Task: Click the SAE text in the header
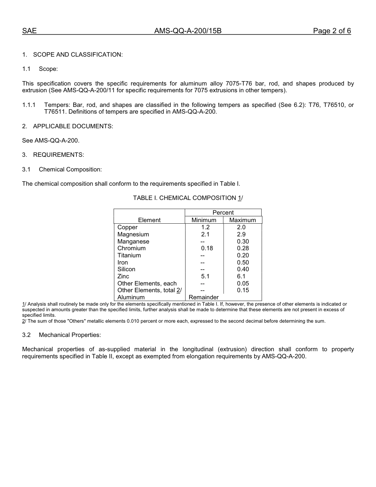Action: coord(29,31)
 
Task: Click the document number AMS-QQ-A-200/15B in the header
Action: coord(188,31)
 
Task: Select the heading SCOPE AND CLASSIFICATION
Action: coord(78,55)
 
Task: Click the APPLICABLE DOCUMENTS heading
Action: coord(73,126)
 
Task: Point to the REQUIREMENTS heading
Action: coord(59,155)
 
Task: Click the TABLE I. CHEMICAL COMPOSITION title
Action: coord(188,198)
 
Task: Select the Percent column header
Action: coord(223,213)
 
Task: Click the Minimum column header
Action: coord(204,220)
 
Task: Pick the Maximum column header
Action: coord(243,220)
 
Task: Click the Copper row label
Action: coord(127,227)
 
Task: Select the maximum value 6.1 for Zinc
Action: coord(241,276)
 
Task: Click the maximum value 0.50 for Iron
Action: coord(243,263)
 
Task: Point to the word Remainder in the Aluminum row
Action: coord(204,297)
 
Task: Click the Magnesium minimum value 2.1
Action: coord(205,234)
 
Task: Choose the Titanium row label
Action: coord(129,255)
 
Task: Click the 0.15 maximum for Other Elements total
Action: coord(243,290)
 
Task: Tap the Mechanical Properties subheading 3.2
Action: coord(70,335)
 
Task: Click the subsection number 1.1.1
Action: coord(29,105)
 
